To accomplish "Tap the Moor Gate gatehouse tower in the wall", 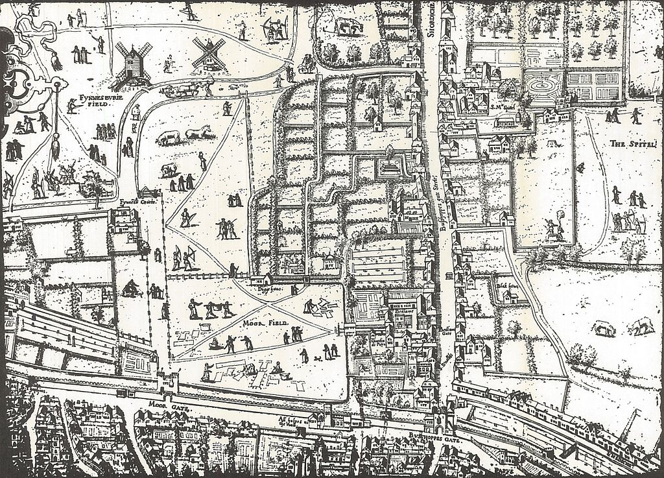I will click(171, 385).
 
